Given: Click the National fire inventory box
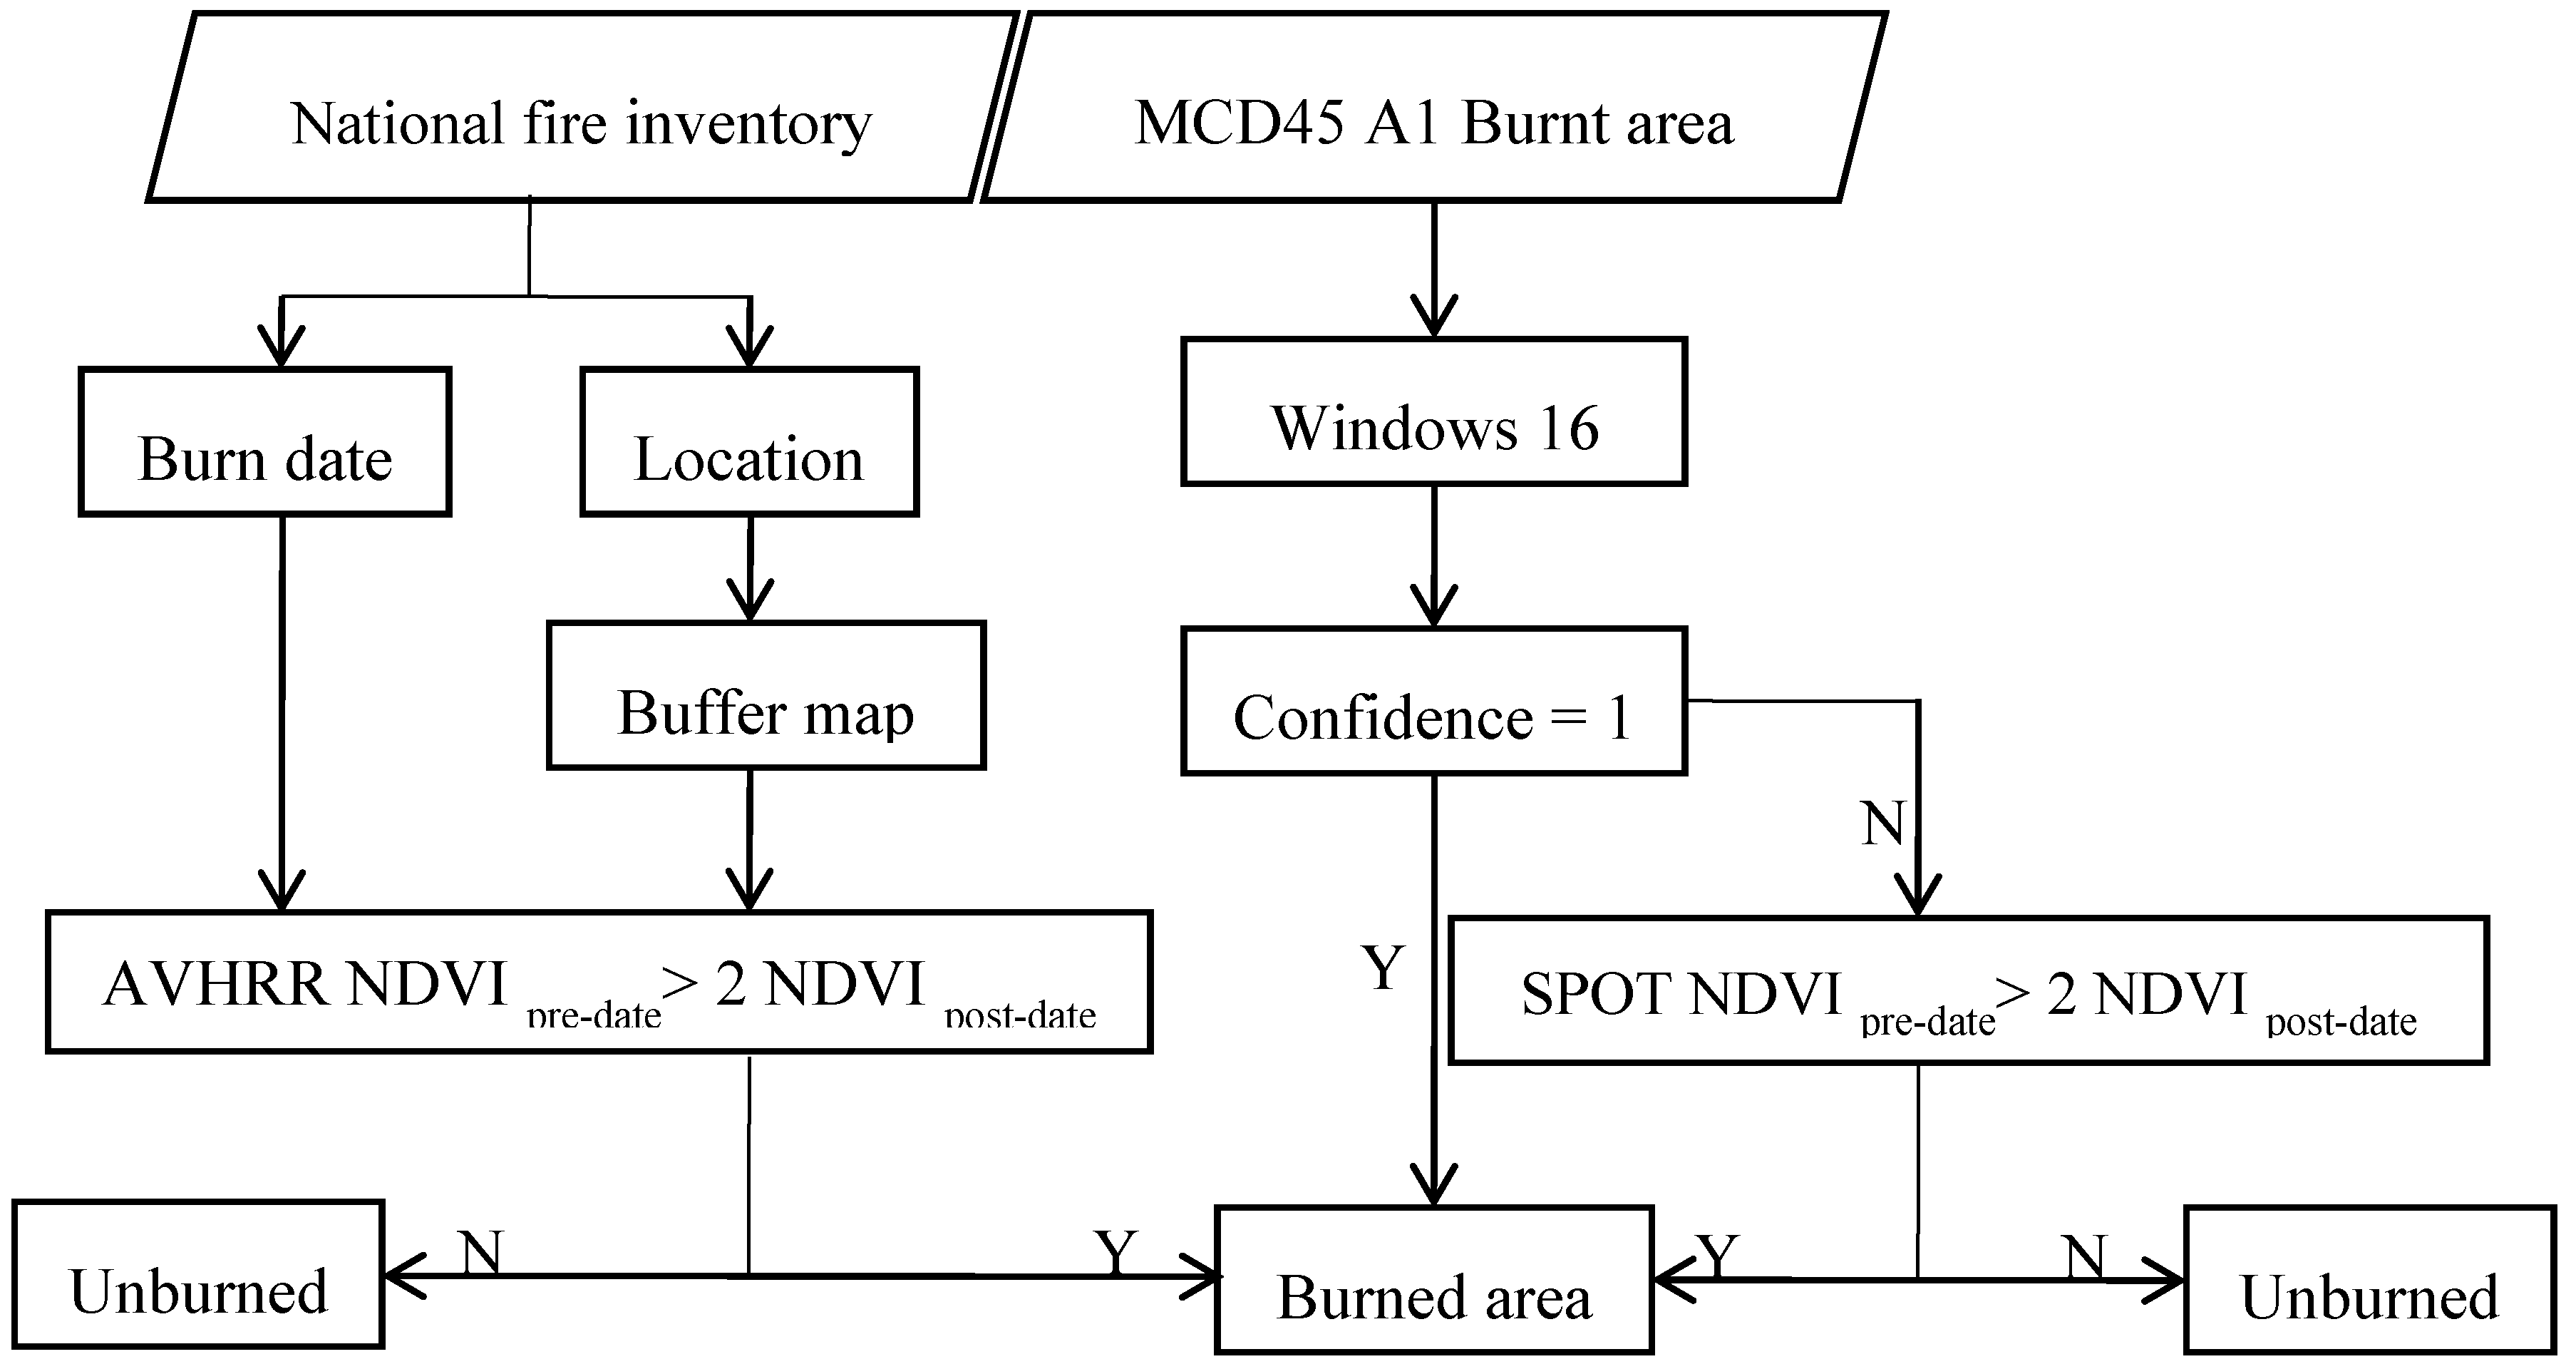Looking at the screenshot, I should point(581,108).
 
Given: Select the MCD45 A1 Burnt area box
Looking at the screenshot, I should point(1434,108).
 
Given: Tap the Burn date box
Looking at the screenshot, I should point(265,442).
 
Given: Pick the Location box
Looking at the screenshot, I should point(749,442).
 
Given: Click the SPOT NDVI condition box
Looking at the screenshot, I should point(1968,991).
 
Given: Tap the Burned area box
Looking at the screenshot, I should point(1434,1281).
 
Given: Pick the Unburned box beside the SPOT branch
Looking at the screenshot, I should point(2371,1281).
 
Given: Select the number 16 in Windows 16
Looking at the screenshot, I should point(1568,429).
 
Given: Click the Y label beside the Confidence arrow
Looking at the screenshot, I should point(1384,968).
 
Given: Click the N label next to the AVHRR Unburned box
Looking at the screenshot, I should point(481,1251).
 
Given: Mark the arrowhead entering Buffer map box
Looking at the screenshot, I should point(750,602).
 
